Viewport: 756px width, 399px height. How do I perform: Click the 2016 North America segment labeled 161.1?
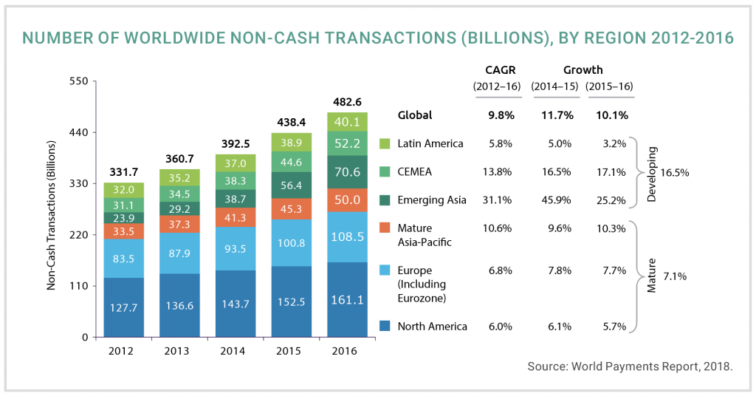tap(346, 300)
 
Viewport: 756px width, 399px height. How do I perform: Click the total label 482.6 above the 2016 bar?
tap(346, 102)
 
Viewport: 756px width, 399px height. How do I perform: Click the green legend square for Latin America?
tap(384, 143)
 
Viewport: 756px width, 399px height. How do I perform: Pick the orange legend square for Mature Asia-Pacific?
tap(384, 228)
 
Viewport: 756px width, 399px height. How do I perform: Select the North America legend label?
tap(432, 326)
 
